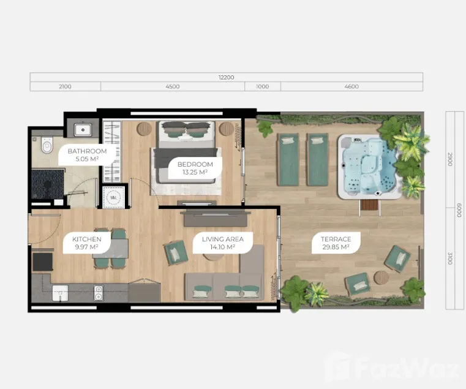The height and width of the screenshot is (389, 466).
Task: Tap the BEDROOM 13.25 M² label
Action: pyautogui.click(x=195, y=168)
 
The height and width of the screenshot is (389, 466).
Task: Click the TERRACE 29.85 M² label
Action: pyautogui.click(x=336, y=243)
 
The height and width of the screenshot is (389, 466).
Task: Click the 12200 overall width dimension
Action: pyautogui.click(x=227, y=77)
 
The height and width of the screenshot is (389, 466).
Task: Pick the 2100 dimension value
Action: pyautogui.click(x=65, y=86)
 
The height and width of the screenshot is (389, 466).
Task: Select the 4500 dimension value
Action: pyautogui.click(x=173, y=86)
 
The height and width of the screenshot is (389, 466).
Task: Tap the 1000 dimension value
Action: pyautogui.click(x=263, y=86)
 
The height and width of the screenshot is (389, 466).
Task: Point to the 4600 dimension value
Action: pyautogui.click(x=351, y=86)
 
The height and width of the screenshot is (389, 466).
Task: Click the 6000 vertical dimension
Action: pyautogui.click(x=459, y=210)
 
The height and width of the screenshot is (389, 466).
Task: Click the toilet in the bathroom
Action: pyautogui.click(x=47, y=145)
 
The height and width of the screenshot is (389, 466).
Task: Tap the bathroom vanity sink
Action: pyautogui.click(x=83, y=130)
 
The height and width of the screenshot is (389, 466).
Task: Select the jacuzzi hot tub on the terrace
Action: pyautogui.click(x=369, y=167)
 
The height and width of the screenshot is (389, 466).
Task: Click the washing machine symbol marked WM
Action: pyautogui.click(x=113, y=197)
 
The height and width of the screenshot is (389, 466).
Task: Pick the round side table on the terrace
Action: pyautogui.click(x=381, y=278)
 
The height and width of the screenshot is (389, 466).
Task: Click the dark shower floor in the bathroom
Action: pyautogui.click(x=48, y=184)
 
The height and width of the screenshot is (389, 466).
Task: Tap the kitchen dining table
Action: pyautogui.click(x=111, y=248)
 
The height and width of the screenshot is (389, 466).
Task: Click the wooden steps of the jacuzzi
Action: pyautogui.click(x=370, y=205)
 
